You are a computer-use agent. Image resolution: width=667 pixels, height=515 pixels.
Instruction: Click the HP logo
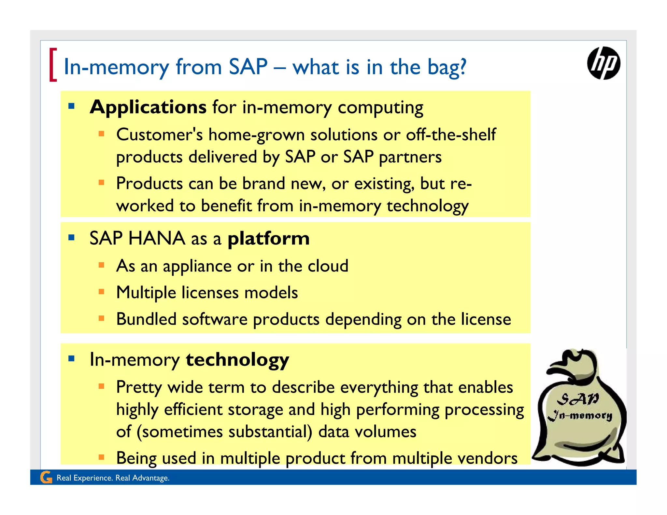point(603,63)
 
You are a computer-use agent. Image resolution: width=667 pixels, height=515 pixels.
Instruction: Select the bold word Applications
point(148,107)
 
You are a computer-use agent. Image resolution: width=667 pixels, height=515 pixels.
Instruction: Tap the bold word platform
point(268,239)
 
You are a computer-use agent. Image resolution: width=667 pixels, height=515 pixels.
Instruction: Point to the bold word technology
point(237,360)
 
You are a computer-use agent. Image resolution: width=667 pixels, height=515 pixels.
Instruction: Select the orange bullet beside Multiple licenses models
point(102,292)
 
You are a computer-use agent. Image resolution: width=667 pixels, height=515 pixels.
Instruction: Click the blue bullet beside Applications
point(72,106)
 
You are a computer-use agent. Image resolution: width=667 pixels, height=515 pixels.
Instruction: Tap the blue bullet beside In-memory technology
point(72,359)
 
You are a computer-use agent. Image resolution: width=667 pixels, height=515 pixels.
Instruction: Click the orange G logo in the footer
point(46,478)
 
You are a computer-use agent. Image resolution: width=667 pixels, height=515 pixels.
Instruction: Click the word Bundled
point(146,319)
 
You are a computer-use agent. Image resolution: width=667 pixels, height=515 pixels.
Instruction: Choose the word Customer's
point(159,135)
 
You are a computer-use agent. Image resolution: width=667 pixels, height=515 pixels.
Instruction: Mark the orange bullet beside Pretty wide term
point(102,386)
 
